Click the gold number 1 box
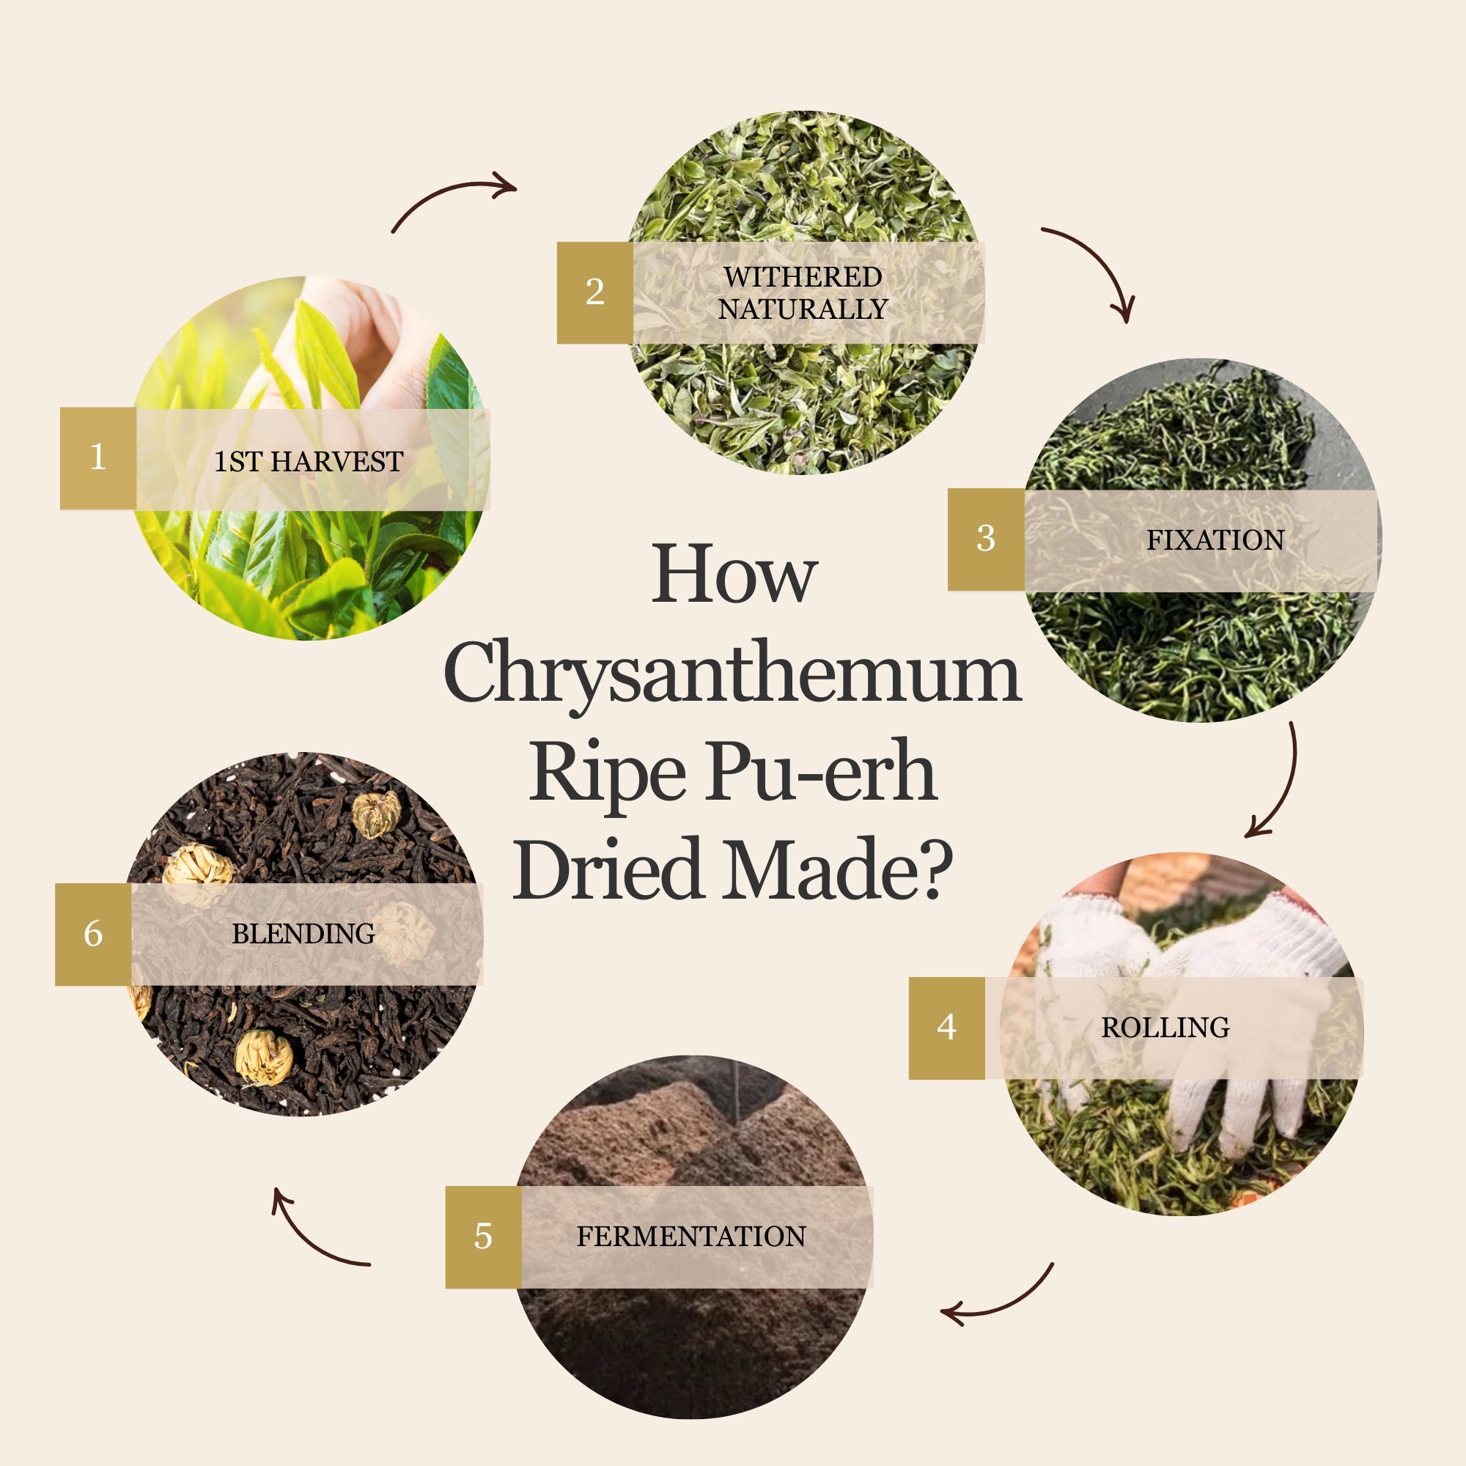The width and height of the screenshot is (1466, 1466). [98, 458]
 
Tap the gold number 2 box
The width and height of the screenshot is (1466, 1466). [595, 293]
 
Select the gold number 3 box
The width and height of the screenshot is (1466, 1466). [986, 539]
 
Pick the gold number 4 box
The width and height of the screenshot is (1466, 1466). [947, 1028]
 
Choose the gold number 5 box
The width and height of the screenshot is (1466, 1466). [483, 1237]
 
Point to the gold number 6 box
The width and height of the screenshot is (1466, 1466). [93, 934]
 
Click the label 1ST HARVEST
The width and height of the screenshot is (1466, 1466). [308, 461]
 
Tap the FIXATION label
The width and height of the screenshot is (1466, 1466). [1215, 540]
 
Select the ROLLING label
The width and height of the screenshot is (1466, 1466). [1165, 1028]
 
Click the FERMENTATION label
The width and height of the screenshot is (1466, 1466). [691, 1236]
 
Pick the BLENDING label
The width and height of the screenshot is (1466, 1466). [303, 933]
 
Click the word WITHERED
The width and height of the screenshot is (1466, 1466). [803, 277]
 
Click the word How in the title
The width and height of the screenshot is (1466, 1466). [734, 575]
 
